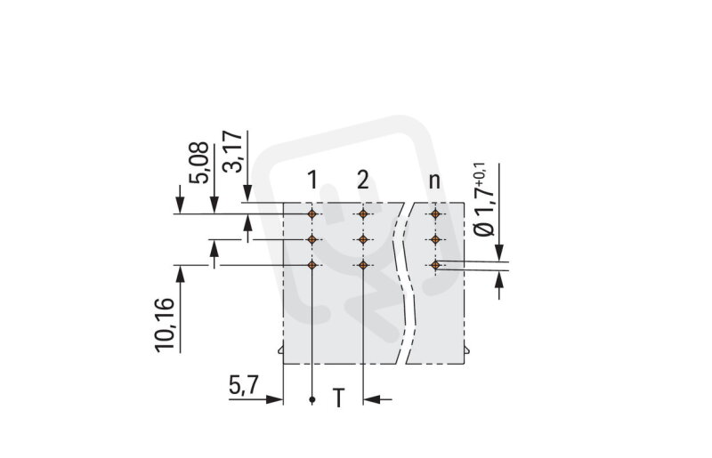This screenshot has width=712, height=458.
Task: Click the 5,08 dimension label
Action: click(x=198, y=163)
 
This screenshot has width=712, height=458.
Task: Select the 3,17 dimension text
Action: click(x=232, y=151)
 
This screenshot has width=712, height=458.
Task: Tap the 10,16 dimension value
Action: click(x=165, y=325)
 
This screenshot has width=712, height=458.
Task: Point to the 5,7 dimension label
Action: click(x=243, y=386)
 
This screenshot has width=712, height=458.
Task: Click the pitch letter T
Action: click(x=338, y=398)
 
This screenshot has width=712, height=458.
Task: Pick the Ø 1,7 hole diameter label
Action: click(x=483, y=199)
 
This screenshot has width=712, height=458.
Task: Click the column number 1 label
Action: click(x=312, y=181)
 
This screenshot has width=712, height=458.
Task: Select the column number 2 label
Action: click(x=363, y=181)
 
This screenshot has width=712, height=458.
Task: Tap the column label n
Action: click(x=434, y=181)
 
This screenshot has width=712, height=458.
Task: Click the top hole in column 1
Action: click(x=312, y=213)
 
